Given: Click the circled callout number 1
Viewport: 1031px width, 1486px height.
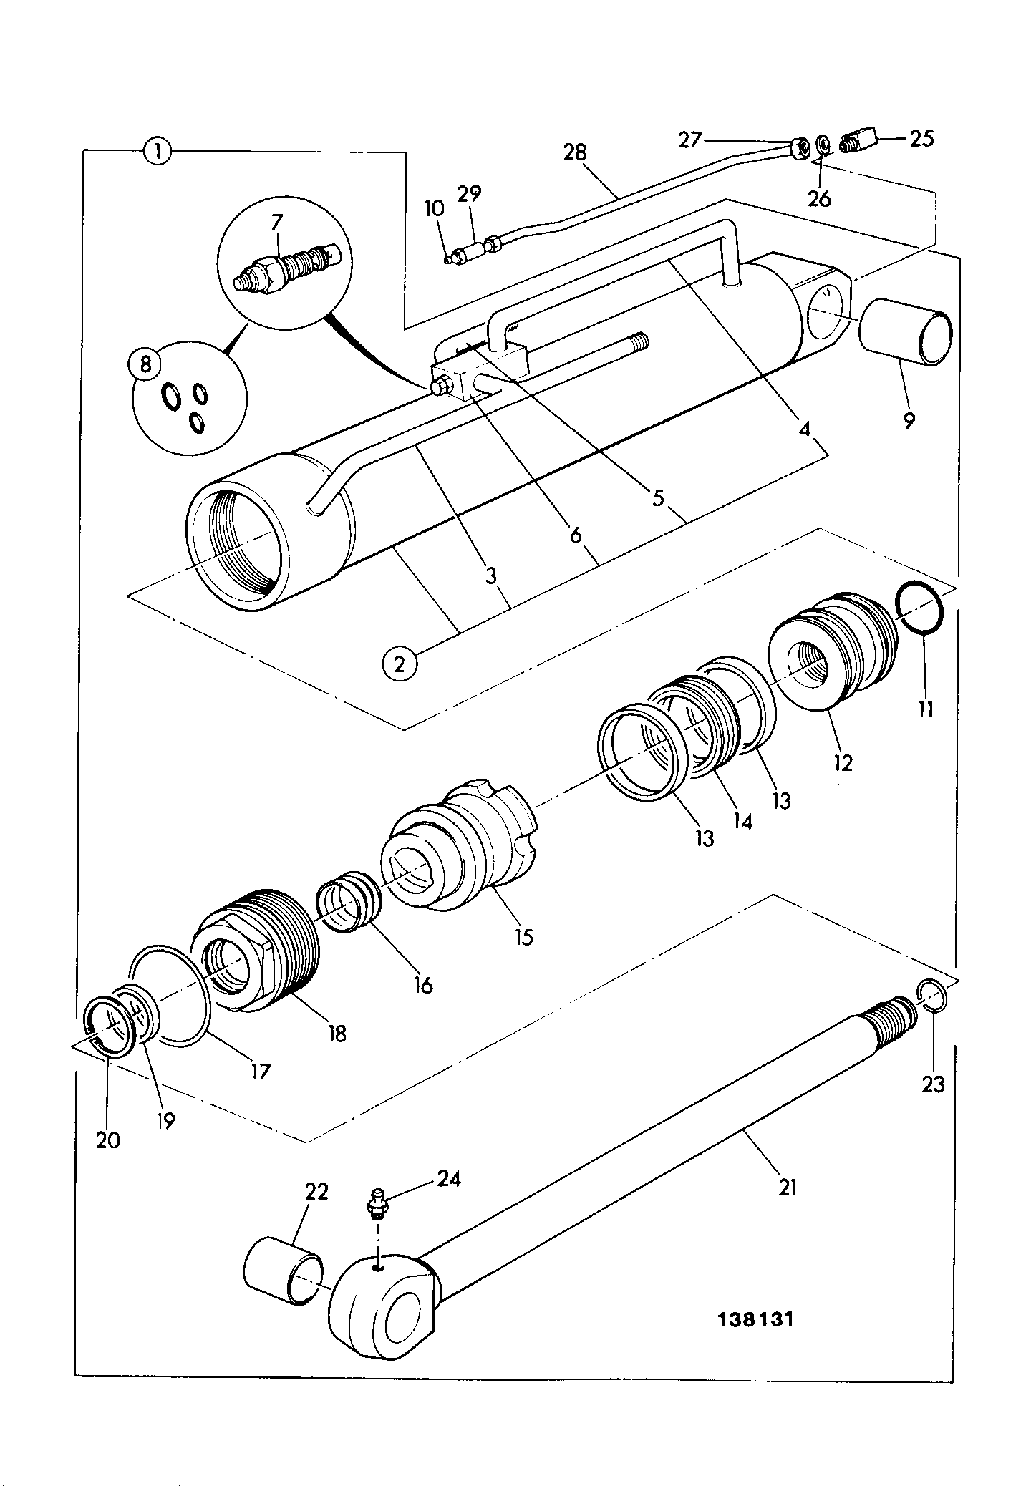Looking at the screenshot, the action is click(x=157, y=151).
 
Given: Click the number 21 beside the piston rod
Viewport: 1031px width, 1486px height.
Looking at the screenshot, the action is click(x=787, y=1188).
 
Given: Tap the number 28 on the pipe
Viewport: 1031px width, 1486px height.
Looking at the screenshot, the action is click(x=574, y=152).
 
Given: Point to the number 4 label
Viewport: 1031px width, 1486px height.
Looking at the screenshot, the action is click(x=805, y=429).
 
